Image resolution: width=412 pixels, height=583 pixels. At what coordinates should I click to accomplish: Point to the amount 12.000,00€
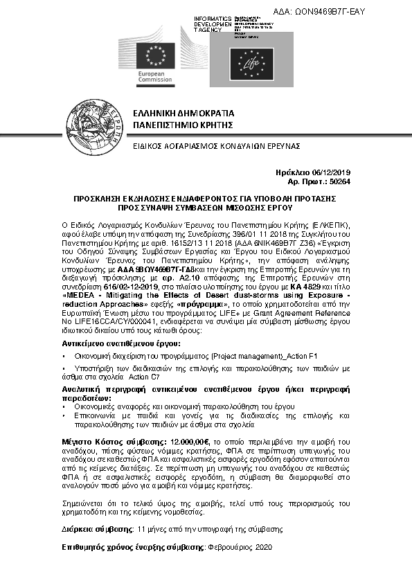tap(190, 440)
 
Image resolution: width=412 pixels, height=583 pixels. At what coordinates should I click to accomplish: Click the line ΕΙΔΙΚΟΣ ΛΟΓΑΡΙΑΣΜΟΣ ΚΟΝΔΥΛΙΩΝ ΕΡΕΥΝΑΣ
tap(206, 147)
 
